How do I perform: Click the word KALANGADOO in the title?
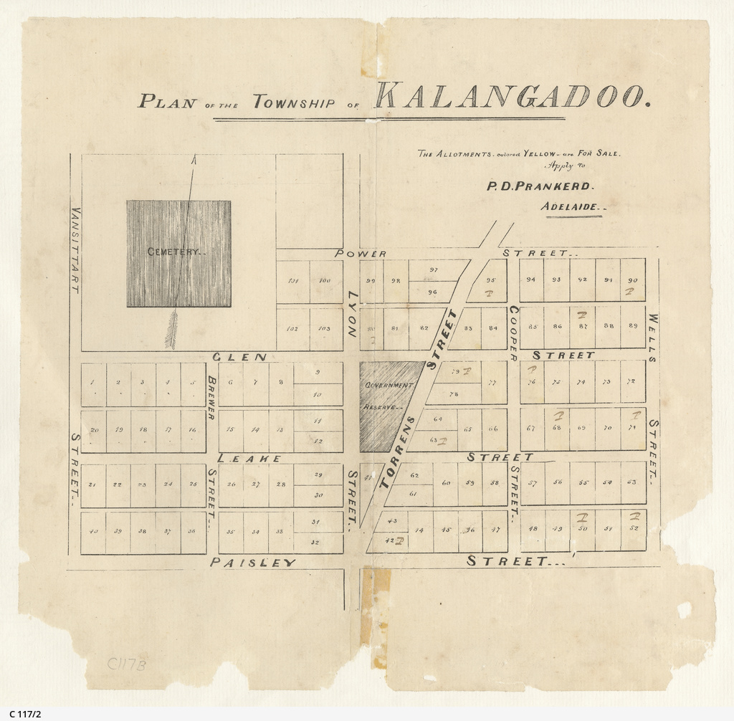(512, 97)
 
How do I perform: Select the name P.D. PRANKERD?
(539, 186)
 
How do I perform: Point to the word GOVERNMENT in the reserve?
(390, 386)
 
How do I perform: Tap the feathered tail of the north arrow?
(171, 330)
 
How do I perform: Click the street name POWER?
(361, 254)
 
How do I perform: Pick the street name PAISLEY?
(253, 563)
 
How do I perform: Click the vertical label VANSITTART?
(75, 250)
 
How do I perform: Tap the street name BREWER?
(211, 398)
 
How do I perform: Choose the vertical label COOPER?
(513, 333)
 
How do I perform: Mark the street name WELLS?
(653, 338)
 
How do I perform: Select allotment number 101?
(292, 281)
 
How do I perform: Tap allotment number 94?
(530, 280)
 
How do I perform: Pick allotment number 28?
(281, 484)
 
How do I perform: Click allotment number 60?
(445, 482)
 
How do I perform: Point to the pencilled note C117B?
(127, 664)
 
